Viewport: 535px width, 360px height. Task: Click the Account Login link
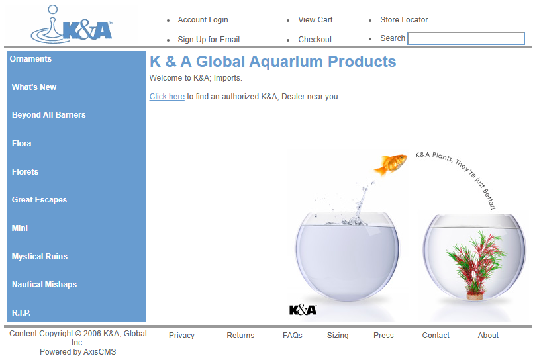point(203,20)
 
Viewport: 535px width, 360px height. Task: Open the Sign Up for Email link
point(209,40)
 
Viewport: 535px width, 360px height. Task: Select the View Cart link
point(315,20)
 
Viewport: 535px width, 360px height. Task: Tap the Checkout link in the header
point(315,40)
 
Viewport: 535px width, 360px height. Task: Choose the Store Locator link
point(404,20)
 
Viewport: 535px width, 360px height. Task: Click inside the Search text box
point(466,38)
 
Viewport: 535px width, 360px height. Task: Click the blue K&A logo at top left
point(72,24)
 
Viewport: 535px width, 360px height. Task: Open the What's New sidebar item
point(34,87)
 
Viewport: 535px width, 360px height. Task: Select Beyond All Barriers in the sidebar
point(49,115)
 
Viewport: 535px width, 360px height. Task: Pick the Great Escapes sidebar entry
point(39,200)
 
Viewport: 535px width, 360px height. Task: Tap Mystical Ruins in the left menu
point(40,256)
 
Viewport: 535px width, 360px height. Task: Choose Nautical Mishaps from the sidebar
point(44,285)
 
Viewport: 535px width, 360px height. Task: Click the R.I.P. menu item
point(21,312)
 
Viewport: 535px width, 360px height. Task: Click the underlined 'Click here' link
point(167,97)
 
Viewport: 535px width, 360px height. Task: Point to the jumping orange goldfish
point(391,164)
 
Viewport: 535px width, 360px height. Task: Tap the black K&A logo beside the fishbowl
point(303,310)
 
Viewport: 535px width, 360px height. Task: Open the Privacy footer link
point(181,336)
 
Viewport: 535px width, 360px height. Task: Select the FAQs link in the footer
point(293,336)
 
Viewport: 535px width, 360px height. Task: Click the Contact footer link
point(436,336)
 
